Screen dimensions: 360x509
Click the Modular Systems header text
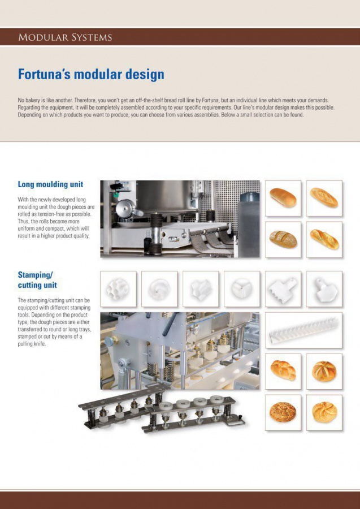coord(65,37)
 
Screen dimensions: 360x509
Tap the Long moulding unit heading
coord(50,184)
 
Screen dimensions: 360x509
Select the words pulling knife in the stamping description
coord(32,344)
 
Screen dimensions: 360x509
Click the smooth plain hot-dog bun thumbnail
coord(283,198)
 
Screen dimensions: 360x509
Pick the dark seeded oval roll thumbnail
coord(283,240)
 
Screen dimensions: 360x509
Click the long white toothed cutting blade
coord(303,330)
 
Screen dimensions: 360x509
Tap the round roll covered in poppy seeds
coord(283,412)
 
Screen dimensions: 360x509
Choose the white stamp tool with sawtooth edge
coord(283,289)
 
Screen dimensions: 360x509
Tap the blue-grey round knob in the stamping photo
coord(110,341)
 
